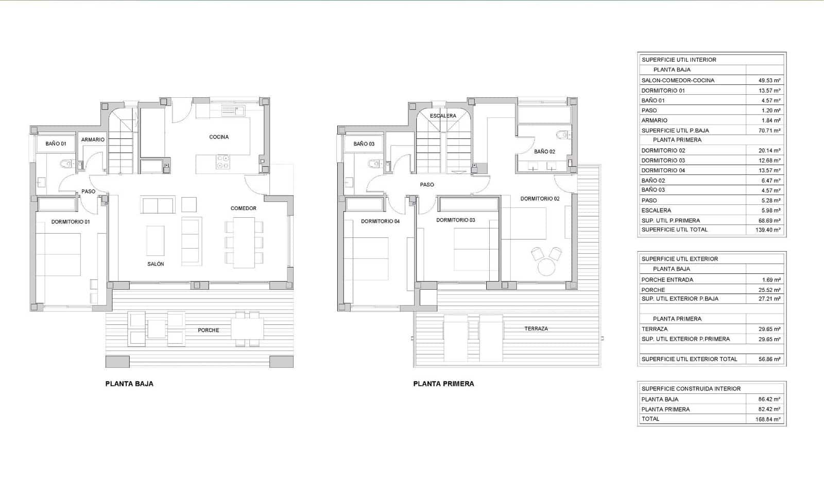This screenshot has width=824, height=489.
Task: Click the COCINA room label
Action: [x=219, y=137]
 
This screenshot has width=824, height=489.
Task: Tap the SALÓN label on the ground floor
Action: [x=156, y=264]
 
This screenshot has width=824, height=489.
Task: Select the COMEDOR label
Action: [x=243, y=208]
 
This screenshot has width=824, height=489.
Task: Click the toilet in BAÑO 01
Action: [x=66, y=164]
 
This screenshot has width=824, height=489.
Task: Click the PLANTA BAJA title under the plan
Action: [x=129, y=383]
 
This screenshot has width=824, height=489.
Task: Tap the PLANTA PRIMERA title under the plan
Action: [x=443, y=383]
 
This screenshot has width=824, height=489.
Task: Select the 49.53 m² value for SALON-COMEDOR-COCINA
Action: [x=769, y=80]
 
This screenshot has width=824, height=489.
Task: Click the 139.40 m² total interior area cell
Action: [x=767, y=230]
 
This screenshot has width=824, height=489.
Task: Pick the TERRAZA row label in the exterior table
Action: [x=654, y=329]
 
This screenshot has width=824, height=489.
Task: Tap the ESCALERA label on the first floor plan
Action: [x=443, y=116]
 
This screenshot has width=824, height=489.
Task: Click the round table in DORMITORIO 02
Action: [x=546, y=267]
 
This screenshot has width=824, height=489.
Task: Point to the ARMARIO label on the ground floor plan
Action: [x=93, y=139]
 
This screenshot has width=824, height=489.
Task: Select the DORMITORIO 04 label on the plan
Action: [x=380, y=221]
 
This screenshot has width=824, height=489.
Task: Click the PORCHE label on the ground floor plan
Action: [x=209, y=330]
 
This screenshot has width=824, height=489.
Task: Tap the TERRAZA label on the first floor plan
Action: [x=536, y=328]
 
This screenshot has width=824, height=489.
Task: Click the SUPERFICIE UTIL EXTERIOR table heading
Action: [x=679, y=259]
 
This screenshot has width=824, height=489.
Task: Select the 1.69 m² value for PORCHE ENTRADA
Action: [x=771, y=280]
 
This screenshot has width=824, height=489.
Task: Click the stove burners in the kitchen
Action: [x=223, y=162]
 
